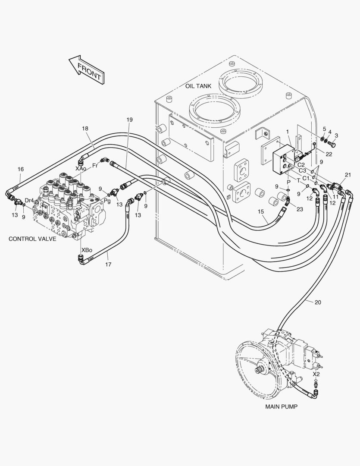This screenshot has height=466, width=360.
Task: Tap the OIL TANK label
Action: [198, 86]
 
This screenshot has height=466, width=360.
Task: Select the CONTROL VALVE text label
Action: [32, 239]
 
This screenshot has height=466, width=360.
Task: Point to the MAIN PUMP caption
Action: [281, 406]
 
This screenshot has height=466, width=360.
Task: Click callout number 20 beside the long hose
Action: [318, 302]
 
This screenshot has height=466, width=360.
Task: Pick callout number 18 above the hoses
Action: [85, 129]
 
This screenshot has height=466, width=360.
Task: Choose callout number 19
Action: [130, 119]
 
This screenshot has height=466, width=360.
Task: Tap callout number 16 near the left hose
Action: [21, 170]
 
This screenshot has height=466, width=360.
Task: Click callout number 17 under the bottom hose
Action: [108, 264]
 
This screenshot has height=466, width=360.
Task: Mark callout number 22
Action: [329, 154]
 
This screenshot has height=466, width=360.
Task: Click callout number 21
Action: [348, 175]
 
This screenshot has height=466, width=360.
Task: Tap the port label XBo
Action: [87, 250]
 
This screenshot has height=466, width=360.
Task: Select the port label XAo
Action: [81, 168]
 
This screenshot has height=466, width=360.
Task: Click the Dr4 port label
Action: [29, 200]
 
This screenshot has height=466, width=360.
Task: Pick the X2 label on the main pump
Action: [316, 374]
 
